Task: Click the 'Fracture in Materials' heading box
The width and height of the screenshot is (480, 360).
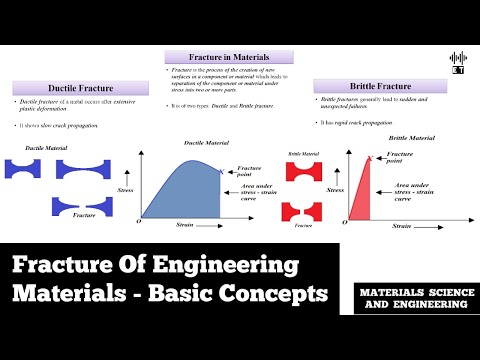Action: [229, 57]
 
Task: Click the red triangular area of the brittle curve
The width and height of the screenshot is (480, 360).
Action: [357, 200]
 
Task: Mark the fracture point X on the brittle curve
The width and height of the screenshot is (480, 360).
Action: [371, 157]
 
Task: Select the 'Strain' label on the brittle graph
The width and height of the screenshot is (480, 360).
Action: [401, 228]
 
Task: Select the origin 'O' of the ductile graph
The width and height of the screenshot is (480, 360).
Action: [136, 220]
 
